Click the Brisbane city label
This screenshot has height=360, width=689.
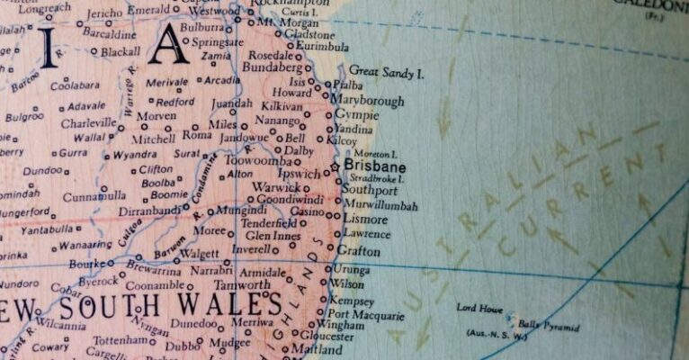(x=375, y=167)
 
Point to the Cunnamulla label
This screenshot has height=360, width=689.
(x=94, y=195)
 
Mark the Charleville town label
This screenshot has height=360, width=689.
(x=88, y=122)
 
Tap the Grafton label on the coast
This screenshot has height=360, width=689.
(x=358, y=251)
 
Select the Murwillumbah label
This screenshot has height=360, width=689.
(x=381, y=205)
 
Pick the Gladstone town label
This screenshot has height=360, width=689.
(x=309, y=34)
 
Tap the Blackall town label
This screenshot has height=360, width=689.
(x=120, y=52)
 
